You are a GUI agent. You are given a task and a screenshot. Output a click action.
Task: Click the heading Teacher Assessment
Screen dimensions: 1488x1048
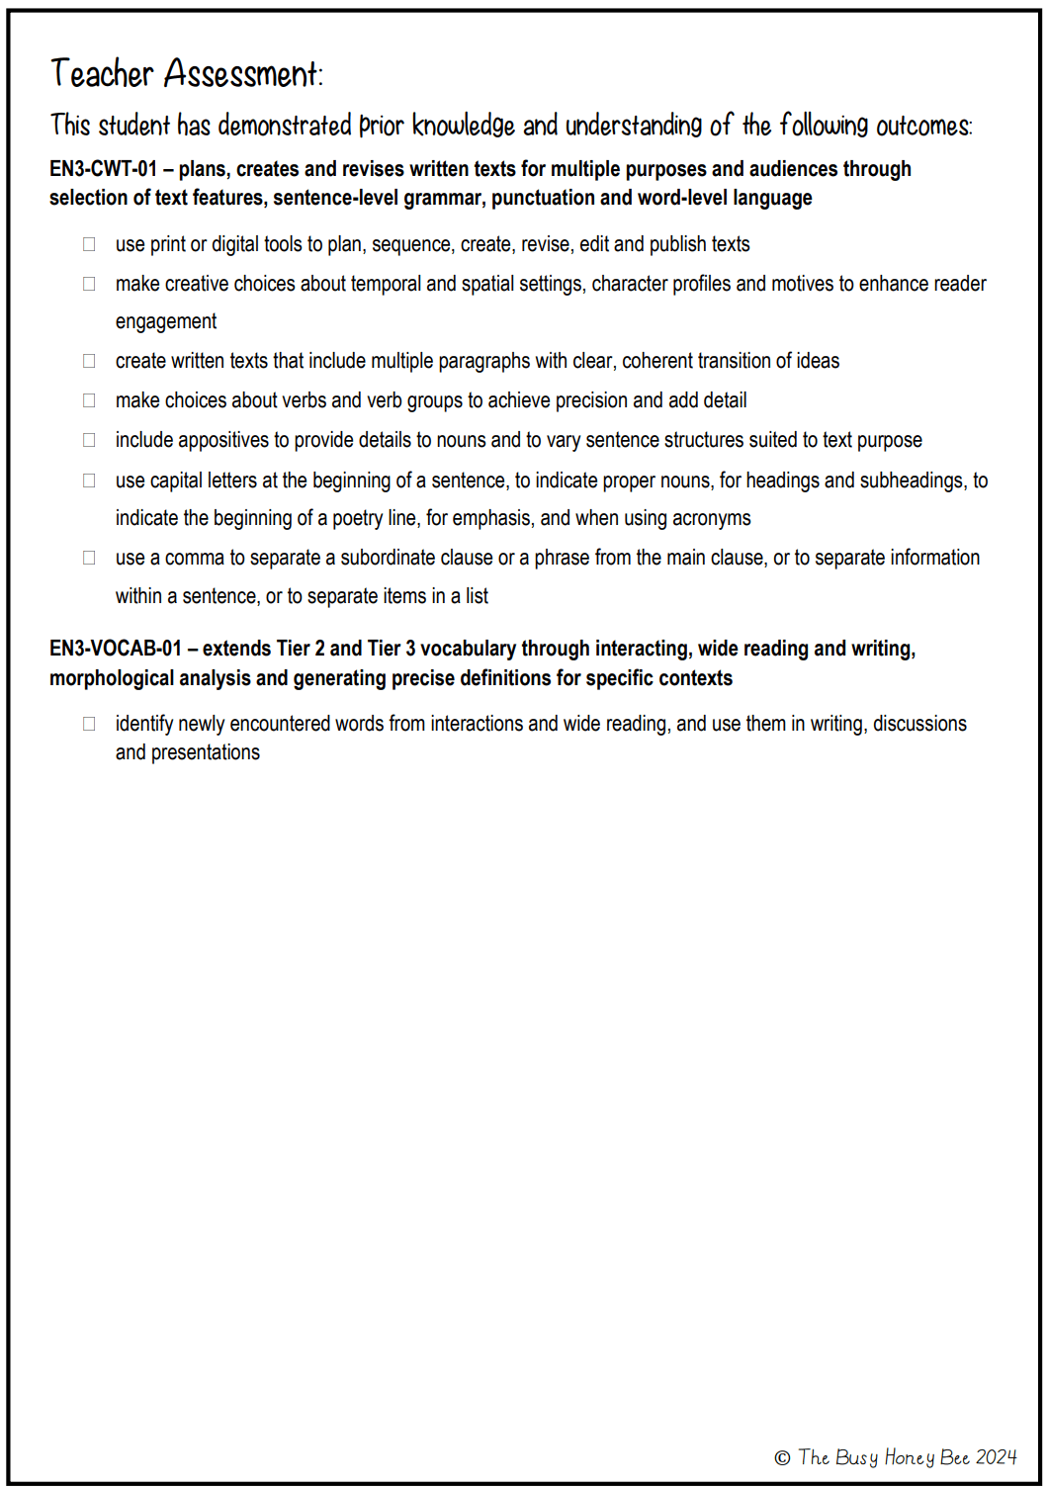[186, 74]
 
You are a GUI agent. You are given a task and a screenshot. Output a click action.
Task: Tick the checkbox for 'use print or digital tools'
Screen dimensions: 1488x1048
[89, 243]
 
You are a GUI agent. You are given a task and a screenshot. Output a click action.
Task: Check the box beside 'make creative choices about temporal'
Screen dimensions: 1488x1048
[89, 284]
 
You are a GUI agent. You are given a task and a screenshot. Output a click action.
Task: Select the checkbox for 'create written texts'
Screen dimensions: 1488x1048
[89, 361]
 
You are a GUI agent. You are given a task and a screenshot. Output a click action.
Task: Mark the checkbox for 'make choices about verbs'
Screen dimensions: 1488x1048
[89, 400]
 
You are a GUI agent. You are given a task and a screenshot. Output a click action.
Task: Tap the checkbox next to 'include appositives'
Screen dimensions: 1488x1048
[89, 440]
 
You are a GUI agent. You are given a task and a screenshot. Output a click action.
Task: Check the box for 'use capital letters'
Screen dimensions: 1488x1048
[89, 481]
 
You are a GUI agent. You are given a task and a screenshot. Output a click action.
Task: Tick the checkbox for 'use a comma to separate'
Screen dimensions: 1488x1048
[89, 558]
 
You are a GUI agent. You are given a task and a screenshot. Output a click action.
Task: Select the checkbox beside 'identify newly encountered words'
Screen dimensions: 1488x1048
[89, 724]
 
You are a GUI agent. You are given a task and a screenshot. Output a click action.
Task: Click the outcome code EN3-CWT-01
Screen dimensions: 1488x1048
[103, 169]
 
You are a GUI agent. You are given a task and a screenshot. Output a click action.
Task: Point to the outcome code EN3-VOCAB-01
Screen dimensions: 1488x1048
[116, 649]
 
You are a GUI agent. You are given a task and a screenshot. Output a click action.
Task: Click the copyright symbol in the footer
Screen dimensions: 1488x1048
[782, 1458]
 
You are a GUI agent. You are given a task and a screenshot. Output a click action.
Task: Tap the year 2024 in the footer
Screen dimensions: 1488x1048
[996, 1457]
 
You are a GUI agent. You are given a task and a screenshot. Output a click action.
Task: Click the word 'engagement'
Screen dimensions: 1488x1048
[166, 321]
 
